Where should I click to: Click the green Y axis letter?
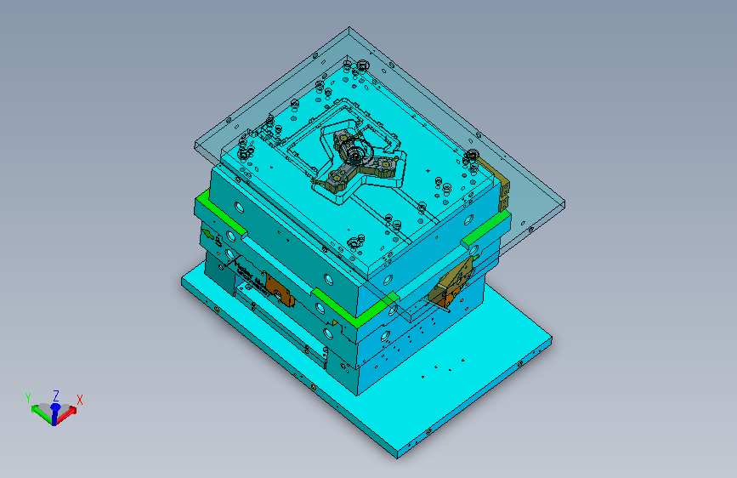tap(28, 398)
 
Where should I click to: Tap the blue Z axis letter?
tap(56, 395)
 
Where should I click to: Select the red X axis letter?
tap(79, 400)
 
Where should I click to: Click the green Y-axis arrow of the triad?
tap(42, 413)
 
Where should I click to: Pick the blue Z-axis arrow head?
tap(55, 407)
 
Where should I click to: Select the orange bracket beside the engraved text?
tap(280, 290)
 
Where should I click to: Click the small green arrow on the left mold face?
tap(207, 234)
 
